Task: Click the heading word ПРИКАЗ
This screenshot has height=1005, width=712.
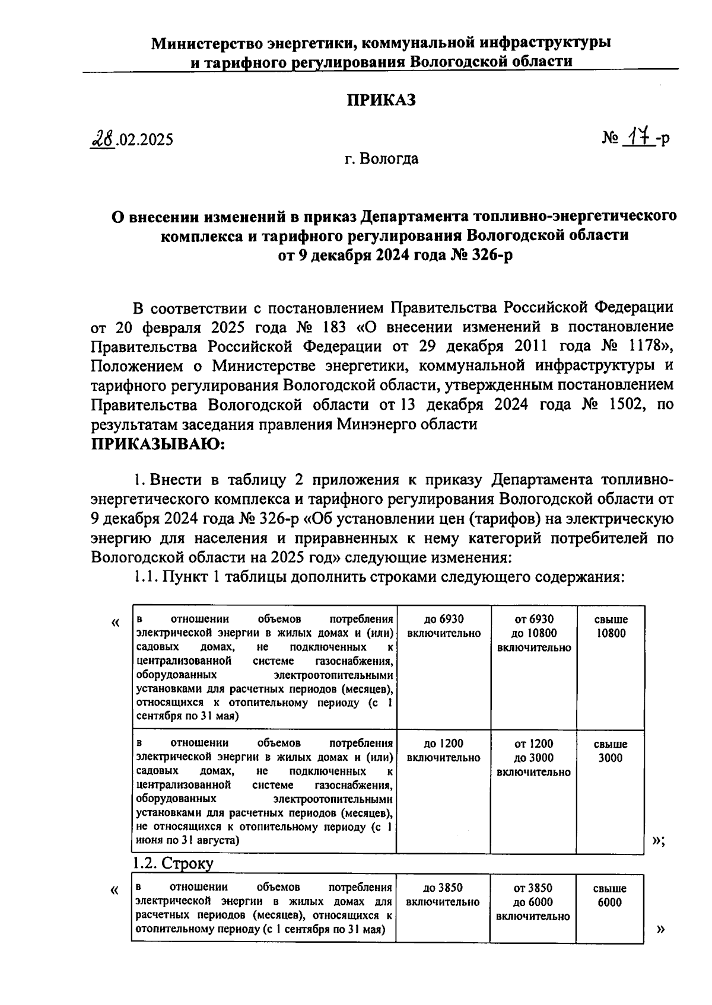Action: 381,100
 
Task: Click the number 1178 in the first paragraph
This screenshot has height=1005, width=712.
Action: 644,346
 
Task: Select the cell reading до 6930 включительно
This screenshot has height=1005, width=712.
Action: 444,627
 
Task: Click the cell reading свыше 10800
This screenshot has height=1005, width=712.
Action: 611,627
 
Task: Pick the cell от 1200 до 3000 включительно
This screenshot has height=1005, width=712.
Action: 533,758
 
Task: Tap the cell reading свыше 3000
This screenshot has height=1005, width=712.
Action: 611,751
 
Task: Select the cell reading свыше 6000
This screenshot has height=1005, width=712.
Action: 610,895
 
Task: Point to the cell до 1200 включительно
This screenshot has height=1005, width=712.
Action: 444,751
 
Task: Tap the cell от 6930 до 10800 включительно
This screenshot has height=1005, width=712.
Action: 533,633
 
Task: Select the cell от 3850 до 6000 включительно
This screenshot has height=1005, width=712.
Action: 533,902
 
